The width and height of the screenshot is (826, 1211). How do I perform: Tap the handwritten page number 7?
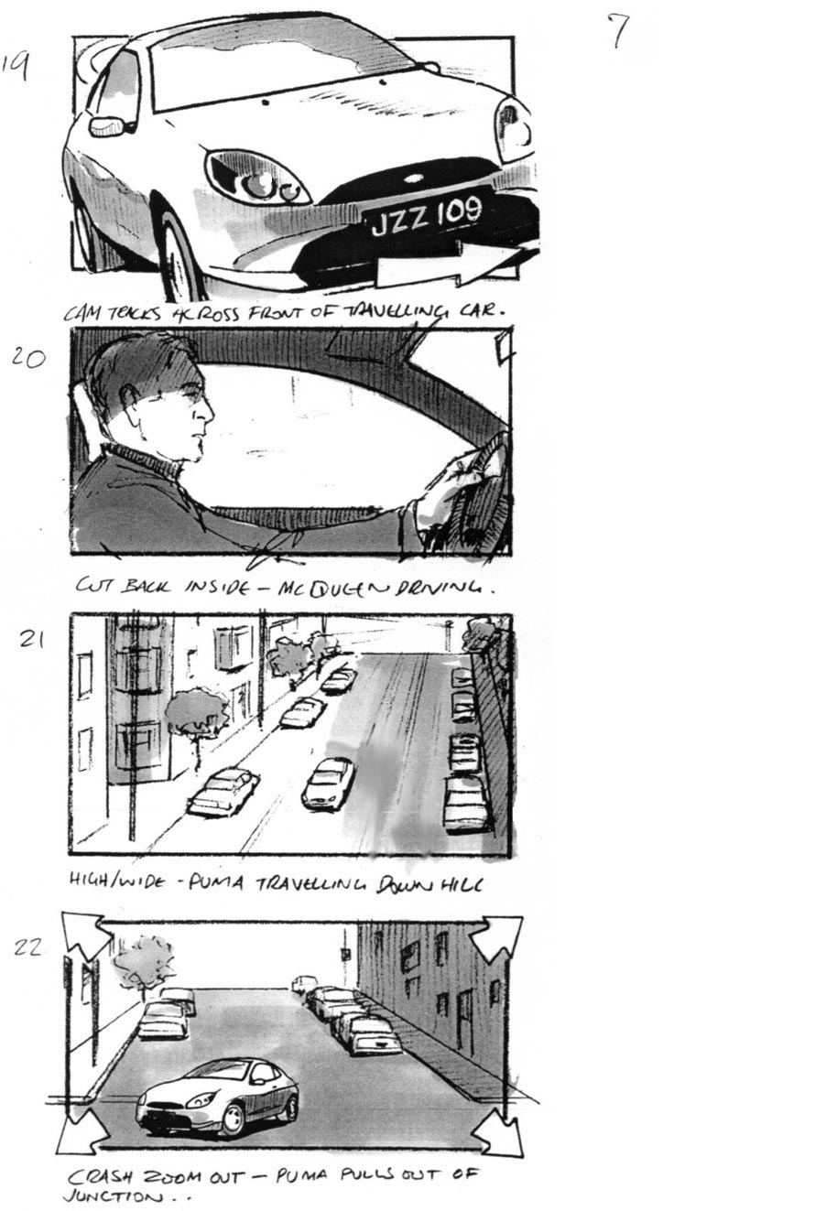[x=619, y=30]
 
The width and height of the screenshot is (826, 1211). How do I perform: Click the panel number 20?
[x=28, y=357]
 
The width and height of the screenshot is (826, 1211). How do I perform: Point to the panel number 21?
[x=32, y=640]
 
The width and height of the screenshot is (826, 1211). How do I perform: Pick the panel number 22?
[x=27, y=947]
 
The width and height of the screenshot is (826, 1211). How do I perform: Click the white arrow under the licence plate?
[x=449, y=266]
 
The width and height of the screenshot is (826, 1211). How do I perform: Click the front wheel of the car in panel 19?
[x=176, y=247]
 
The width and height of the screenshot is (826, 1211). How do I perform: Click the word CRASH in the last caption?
[x=101, y=1176]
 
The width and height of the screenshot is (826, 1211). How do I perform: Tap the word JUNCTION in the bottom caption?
[x=102, y=1196]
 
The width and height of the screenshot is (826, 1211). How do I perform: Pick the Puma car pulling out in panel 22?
[x=219, y=1097]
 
